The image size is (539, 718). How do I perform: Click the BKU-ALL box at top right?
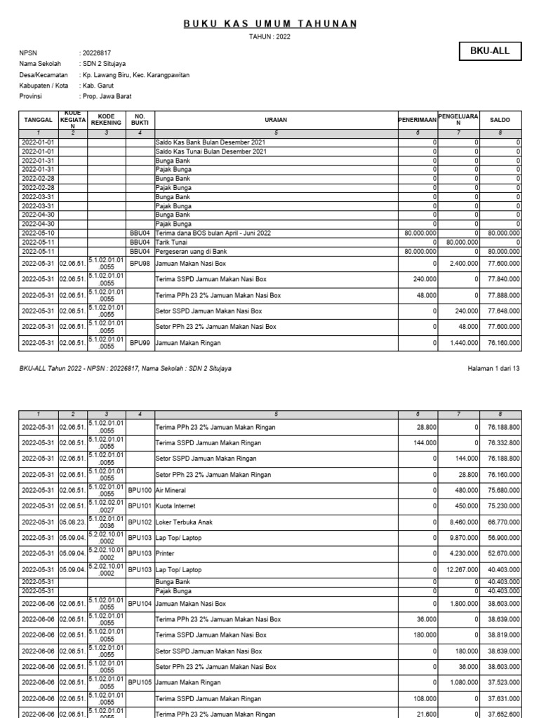pyautogui.click(x=491, y=50)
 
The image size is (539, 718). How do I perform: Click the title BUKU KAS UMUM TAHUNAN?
pyautogui.click(x=270, y=24)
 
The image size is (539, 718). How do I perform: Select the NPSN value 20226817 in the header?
pyautogui.click(x=96, y=53)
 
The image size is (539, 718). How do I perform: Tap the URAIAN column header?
pyautogui.click(x=276, y=120)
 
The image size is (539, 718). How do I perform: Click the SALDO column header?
pyautogui.click(x=500, y=120)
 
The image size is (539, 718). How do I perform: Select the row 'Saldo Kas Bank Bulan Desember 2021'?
pyautogui.click(x=211, y=142)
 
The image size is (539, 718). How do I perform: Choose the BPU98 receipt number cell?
pyautogui.click(x=140, y=264)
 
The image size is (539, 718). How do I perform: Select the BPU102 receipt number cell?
pyautogui.click(x=140, y=522)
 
